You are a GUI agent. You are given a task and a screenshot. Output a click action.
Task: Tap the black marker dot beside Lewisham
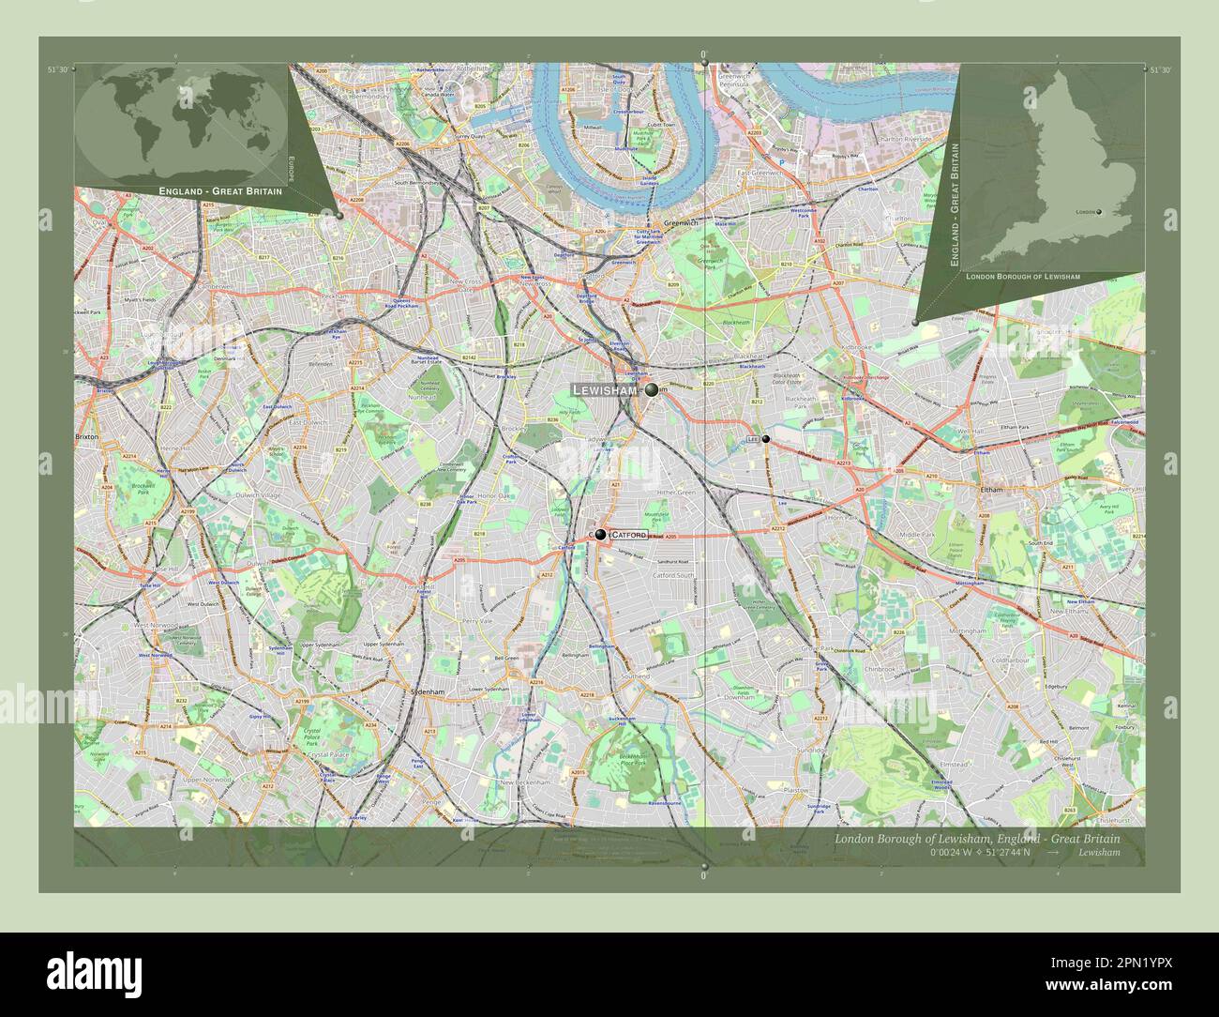click(652, 389)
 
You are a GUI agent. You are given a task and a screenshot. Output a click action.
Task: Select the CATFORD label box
click(628, 535)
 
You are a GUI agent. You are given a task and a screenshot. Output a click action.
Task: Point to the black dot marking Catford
click(600, 535)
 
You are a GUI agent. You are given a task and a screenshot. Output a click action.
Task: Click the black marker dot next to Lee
click(766, 439)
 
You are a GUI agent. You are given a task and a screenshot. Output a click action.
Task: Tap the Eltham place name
click(991, 490)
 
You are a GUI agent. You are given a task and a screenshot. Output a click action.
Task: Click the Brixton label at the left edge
click(87, 438)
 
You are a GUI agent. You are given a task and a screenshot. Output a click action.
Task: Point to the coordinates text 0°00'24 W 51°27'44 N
click(979, 853)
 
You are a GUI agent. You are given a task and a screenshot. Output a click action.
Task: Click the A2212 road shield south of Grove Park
click(820, 718)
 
